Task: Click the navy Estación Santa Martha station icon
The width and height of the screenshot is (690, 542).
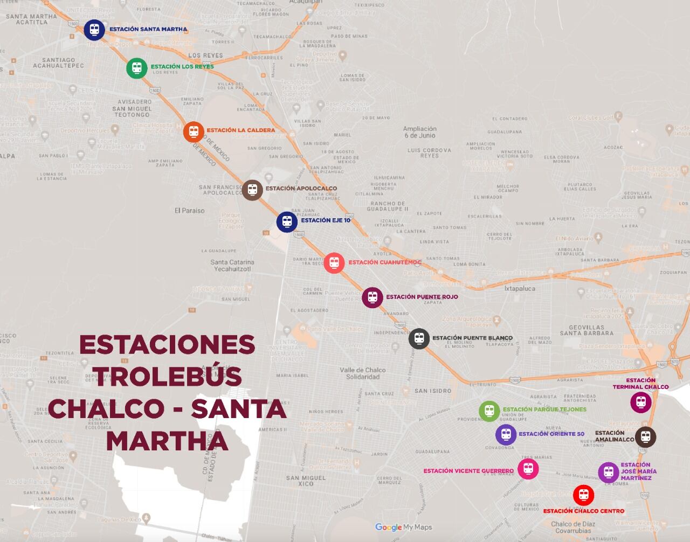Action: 94,30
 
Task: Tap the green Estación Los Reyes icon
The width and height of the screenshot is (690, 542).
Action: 137,68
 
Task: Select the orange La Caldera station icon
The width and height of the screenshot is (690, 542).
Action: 194,131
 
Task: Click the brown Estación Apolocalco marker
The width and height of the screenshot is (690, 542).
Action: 252,190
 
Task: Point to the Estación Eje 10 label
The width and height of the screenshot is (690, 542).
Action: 326,220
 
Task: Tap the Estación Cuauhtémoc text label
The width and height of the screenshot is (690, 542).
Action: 384,262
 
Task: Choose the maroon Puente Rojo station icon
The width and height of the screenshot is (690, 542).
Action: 372,297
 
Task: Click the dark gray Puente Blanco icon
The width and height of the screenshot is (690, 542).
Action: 419,339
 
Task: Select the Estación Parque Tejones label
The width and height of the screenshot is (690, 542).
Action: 544,409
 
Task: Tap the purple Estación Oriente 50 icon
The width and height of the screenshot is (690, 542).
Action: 506,434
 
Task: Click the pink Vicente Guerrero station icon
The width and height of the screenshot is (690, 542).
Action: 528,469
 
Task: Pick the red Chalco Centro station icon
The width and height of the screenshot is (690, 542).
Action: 583,494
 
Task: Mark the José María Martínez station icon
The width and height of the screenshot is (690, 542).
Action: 609,472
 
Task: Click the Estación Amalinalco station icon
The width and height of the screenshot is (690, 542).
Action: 645,437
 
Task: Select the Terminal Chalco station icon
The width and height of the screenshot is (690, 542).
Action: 641,402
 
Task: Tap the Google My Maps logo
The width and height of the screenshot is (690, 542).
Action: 404,527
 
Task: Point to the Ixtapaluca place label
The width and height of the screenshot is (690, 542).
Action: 520,289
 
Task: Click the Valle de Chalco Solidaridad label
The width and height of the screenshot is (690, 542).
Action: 363,373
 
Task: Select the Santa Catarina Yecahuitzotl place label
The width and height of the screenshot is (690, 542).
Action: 232,266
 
